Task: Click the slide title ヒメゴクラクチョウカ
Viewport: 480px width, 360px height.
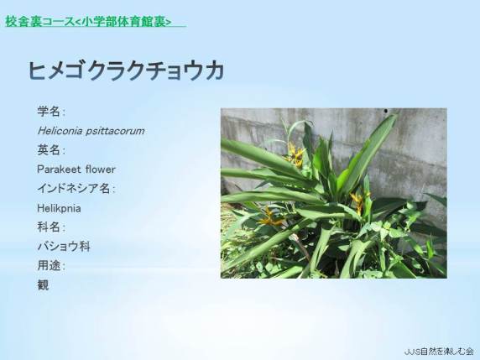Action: pyautogui.click(x=126, y=70)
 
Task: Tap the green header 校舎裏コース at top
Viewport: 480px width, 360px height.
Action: pyautogui.click(x=40, y=22)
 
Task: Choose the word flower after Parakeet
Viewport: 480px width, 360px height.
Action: pyautogui.click(x=101, y=170)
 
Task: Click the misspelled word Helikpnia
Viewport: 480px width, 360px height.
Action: pyautogui.click(x=59, y=208)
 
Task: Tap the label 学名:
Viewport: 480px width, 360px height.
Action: pyautogui.click(x=51, y=111)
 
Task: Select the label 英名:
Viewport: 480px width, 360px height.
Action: pyautogui.click(x=51, y=150)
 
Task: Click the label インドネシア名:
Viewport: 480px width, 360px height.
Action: pyautogui.click(x=76, y=188)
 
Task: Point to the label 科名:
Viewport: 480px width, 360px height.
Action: pyautogui.click(x=51, y=227)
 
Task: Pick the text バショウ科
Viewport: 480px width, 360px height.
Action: pyautogui.click(x=64, y=247)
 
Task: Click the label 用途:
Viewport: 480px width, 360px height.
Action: pyautogui.click(x=51, y=265)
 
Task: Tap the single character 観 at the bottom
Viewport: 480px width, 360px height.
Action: pyautogui.click(x=43, y=285)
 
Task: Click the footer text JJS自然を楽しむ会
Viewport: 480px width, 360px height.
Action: pyautogui.click(x=439, y=352)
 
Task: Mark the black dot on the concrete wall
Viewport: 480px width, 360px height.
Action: pyautogui.click(x=386, y=111)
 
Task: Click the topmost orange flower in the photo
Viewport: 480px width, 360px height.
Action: pyautogui.click(x=295, y=154)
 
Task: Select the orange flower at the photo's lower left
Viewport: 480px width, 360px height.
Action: pyautogui.click(x=270, y=217)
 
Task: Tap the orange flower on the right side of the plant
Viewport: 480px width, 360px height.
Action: pyautogui.click(x=359, y=201)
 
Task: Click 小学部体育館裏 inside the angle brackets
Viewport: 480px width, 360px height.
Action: pyautogui.click(x=123, y=22)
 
